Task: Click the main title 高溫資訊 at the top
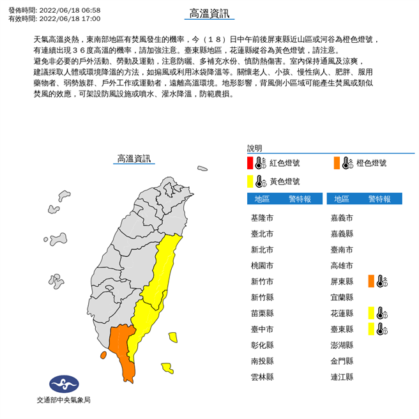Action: pyautogui.click(x=209, y=13)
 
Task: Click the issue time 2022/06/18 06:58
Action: pyautogui.click(x=70, y=10)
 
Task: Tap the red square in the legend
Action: pyautogui.click(x=250, y=163)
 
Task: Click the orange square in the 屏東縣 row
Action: pyautogui.click(x=371, y=281)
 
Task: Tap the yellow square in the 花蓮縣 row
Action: pyautogui.click(x=371, y=312)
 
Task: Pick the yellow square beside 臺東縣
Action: pyautogui.click(x=371, y=328)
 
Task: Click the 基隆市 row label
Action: pyautogui.click(x=262, y=218)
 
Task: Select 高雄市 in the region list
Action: pyautogui.click(x=342, y=265)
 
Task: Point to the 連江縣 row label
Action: pyautogui.click(x=342, y=377)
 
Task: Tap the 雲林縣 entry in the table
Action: pyautogui.click(x=262, y=377)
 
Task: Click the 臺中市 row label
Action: pyautogui.click(x=262, y=329)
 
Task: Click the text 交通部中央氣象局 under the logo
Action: pyautogui.click(x=63, y=400)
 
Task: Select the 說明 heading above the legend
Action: pyautogui.click(x=254, y=147)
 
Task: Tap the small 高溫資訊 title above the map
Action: pyautogui.click(x=134, y=158)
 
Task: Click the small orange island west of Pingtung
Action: pyautogui.click(x=103, y=355)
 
